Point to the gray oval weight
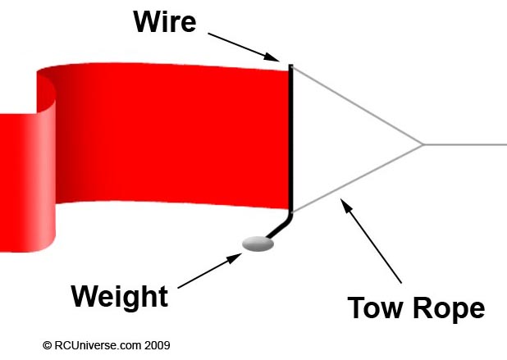click(258, 244)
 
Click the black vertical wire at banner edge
click(290, 139)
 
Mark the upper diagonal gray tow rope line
click(357, 104)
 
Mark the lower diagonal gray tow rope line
click(357, 178)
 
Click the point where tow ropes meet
click(422, 144)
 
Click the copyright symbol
click(48, 345)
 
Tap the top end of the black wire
click(290, 65)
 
